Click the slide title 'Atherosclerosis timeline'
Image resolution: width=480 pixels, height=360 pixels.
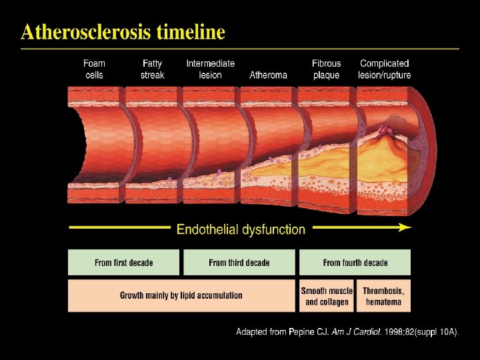123,31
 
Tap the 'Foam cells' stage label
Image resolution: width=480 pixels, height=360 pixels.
94,69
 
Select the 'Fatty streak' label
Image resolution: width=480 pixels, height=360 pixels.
152,69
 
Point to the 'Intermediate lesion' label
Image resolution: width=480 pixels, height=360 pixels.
210,69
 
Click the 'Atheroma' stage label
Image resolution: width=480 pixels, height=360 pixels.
268,75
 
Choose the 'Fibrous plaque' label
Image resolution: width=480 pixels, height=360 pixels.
326,69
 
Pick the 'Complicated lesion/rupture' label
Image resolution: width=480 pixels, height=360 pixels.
385,69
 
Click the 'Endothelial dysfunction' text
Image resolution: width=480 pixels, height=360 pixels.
241,229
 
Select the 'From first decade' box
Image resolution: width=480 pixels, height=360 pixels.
124,263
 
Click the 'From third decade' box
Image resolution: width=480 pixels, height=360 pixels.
239,263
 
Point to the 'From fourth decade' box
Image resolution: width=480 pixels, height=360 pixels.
355,263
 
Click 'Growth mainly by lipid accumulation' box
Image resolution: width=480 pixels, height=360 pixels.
181,295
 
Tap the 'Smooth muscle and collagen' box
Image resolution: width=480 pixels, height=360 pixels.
327,296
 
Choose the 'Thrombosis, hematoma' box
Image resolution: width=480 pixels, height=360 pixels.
384,296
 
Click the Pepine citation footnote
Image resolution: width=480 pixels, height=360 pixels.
347,331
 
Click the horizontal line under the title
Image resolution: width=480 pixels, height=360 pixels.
240,49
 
